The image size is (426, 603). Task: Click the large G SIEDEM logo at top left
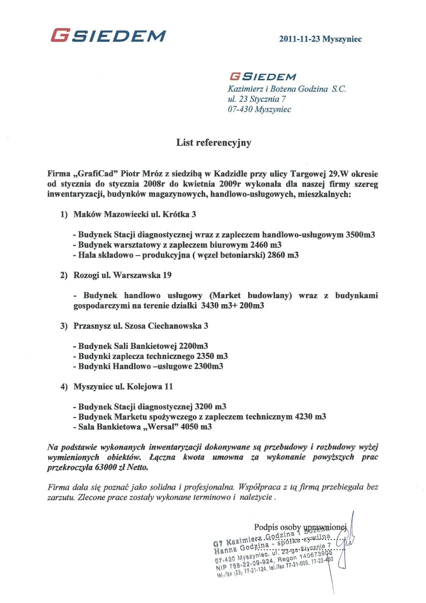108,36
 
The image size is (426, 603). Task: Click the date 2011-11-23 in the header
299,39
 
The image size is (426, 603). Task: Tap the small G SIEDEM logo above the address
263,77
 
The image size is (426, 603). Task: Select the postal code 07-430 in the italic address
240,110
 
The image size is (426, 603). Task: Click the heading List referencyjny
214,143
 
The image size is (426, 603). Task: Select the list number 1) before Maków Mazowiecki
64,214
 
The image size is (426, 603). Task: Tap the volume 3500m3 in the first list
360,235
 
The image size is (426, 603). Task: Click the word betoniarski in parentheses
243,255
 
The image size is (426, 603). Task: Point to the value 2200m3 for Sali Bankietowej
194,346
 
